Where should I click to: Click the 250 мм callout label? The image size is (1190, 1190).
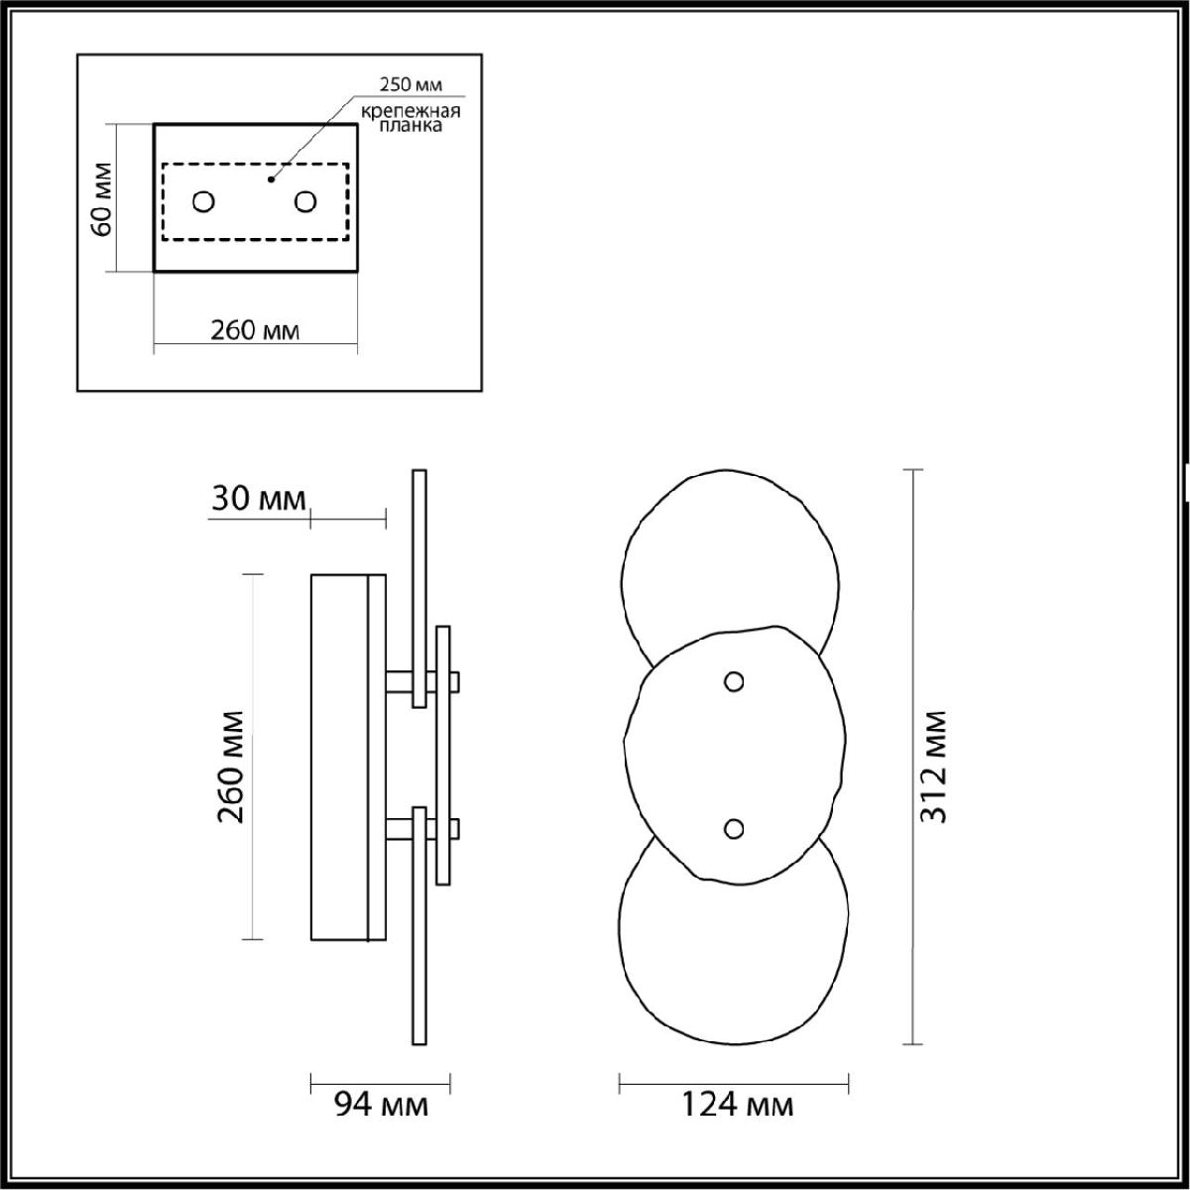click(411, 84)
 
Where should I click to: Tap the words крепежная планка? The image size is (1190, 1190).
click(411, 118)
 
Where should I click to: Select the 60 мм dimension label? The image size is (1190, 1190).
click(101, 199)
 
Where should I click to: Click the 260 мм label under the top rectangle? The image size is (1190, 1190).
click(255, 331)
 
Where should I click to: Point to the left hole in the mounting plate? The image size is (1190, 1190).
click(203, 202)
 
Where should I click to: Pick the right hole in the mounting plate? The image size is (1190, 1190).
click(305, 202)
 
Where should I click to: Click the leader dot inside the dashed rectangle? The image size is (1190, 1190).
click(271, 179)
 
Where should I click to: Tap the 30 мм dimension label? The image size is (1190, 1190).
click(258, 499)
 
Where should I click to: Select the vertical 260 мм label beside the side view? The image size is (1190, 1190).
click(231, 767)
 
